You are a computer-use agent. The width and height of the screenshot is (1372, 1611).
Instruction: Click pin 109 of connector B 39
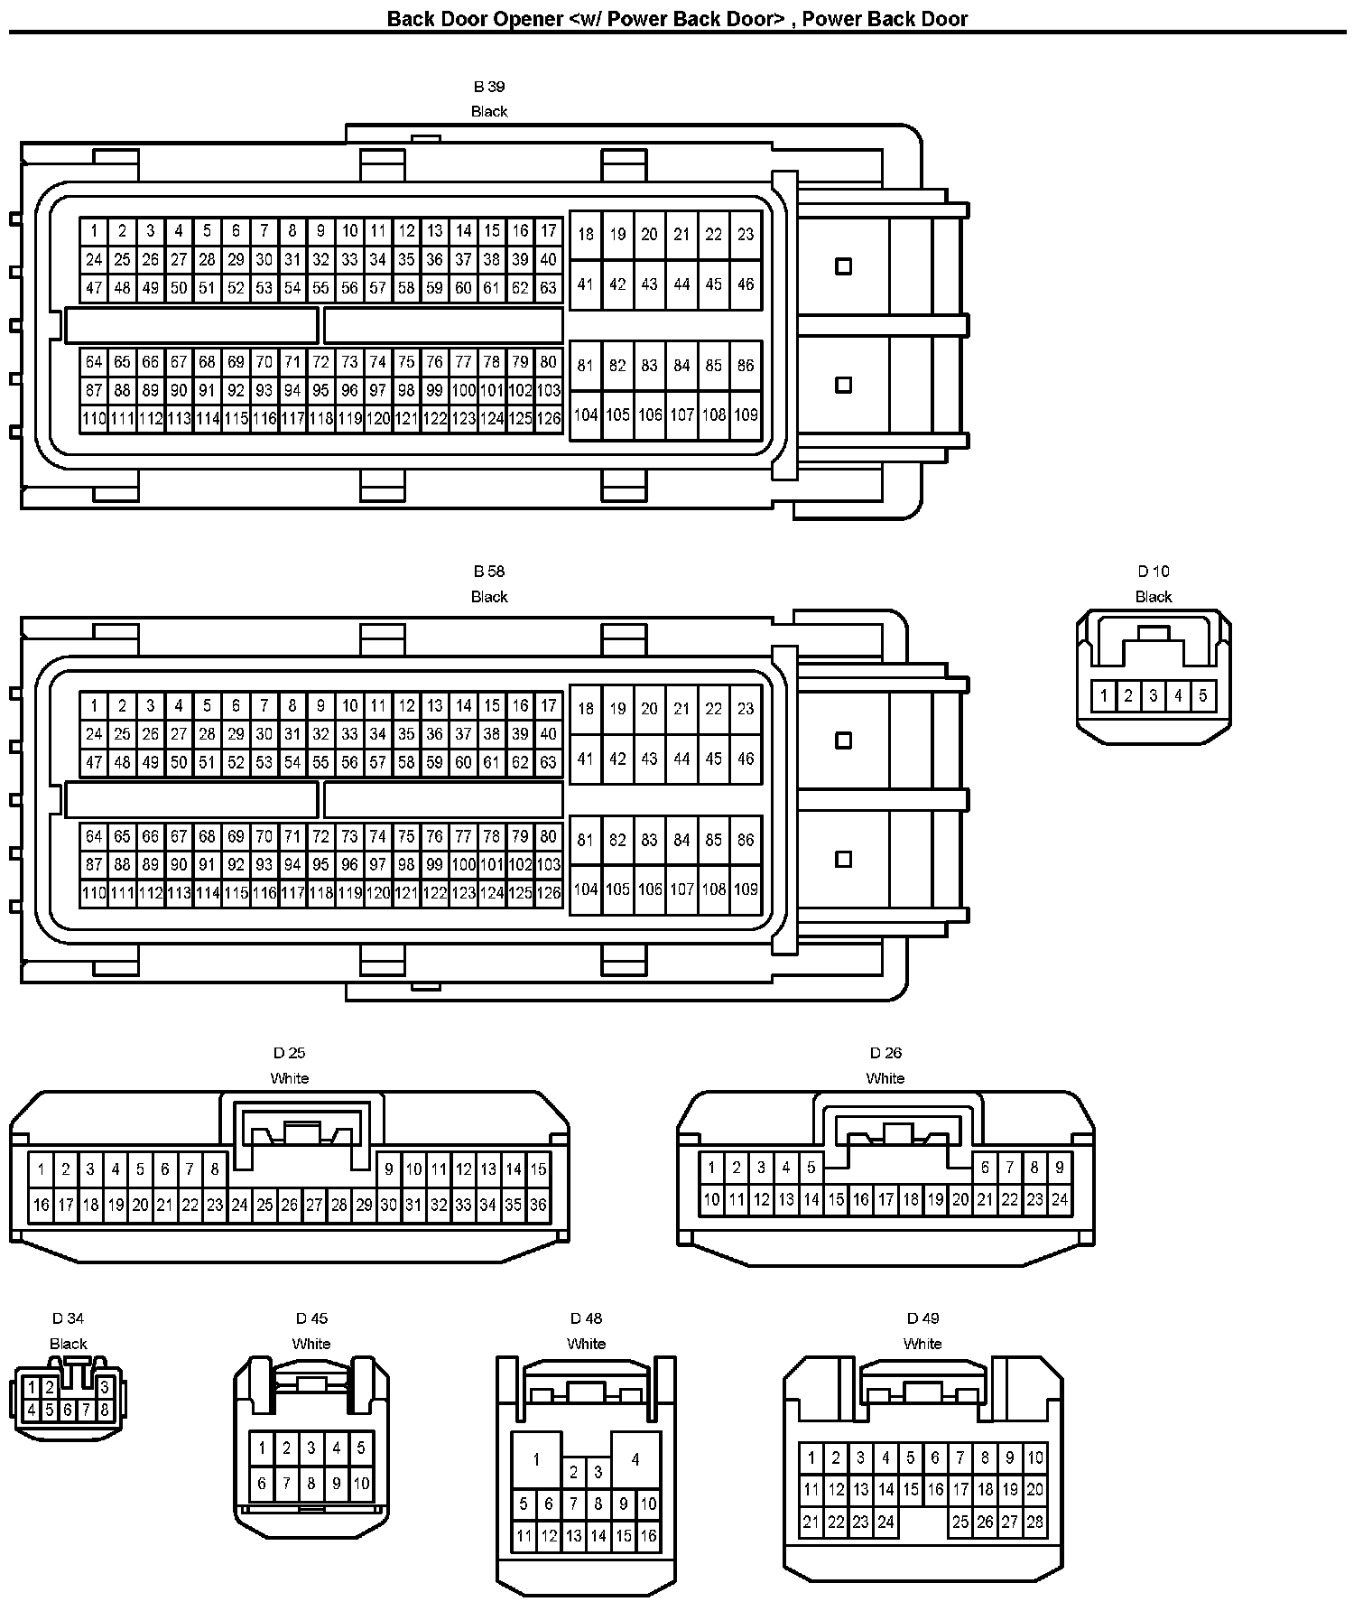point(746,415)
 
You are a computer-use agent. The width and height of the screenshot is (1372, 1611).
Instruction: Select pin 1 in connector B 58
point(94,706)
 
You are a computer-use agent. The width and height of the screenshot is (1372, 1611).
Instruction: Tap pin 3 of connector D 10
point(1154,696)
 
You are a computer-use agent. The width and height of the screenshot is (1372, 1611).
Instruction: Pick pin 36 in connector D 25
point(538,1205)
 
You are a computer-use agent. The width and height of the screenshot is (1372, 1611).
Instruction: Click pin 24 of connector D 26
point(1060,1200)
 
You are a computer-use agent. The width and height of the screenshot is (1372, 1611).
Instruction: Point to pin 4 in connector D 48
point(635,1459)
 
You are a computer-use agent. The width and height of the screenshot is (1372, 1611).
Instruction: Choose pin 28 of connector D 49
point(1035,1522)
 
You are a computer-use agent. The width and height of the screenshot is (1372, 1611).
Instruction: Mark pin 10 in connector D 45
point(361,1483)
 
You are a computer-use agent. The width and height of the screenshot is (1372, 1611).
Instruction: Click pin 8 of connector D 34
point(105,1410)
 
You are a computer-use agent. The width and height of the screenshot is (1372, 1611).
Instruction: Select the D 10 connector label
point(1153,572)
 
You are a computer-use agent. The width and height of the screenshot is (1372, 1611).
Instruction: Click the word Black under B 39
point(489,112)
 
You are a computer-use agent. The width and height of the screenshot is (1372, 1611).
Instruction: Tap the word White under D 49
point(922,1344)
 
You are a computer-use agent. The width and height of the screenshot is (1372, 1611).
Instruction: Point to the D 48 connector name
point(586,1318)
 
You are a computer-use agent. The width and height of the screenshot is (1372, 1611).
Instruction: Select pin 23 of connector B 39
point(746,235)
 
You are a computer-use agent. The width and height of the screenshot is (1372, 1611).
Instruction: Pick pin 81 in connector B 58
point(586,840)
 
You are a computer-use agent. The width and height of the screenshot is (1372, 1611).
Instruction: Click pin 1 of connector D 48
point(536,1459)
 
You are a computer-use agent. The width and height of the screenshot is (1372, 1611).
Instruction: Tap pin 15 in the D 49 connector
point(911,1489)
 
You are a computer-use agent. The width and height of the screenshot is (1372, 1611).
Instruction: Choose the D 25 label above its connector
point(290,1053)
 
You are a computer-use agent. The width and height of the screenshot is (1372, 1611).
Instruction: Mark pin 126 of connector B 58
point(548,893)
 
